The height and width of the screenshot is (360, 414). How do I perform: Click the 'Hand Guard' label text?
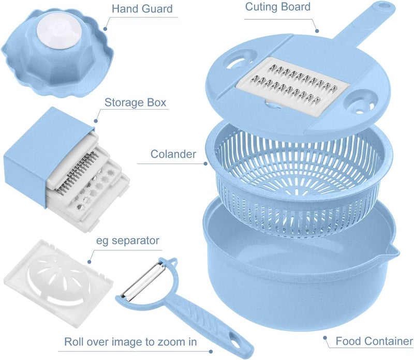click(142, 9)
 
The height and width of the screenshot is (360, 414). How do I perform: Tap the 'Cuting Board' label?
click(278, 7)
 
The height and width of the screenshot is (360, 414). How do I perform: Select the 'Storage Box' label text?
click(136, 102)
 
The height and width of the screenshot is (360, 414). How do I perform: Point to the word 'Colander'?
click(173, 154)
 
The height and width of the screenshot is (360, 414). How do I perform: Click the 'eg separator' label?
click(127, 241)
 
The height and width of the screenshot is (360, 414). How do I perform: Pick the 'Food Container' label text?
click(374, 341)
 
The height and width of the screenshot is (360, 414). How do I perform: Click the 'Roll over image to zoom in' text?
click(130, 342)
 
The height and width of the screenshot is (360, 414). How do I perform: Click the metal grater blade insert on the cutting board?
click(292, 86)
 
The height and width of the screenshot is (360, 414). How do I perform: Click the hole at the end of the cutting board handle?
click(385, 6)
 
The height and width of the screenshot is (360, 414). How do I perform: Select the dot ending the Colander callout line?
click(205, 163)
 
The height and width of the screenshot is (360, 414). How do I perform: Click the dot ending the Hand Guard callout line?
click(105, 29)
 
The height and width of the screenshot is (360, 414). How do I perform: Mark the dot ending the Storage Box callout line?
click(96, 121)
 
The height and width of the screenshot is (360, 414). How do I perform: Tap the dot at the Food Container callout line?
click(325, 338)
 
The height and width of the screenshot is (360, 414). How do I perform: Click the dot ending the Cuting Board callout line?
click(317, 31)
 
